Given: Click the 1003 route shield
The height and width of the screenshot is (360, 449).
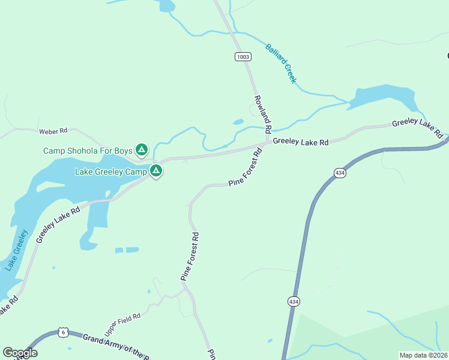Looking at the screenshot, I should [x=243, y=57].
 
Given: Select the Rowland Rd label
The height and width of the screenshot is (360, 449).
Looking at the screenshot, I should [x=263, y=113].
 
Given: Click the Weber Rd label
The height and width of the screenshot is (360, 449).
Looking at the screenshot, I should [x=53, y=131].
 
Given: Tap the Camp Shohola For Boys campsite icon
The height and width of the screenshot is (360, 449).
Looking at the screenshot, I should [x=142, y=149].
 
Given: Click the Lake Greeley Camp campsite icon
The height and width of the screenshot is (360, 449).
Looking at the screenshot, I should [x=156, y=171].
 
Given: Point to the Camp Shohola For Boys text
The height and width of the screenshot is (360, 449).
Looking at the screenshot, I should [x=87, y=150].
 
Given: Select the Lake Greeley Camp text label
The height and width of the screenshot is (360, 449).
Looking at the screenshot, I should [x=111, y=172].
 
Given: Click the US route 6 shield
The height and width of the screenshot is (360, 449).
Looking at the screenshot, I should [x=63, y=332].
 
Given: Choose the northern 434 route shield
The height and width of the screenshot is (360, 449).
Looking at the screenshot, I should [x=340, y=173].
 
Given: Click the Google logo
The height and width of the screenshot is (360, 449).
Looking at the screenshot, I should [x=20, y=353].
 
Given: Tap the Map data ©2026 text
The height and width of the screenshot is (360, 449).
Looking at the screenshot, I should [x=423, y=355].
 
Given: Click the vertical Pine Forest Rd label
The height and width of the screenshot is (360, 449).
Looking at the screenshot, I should [x=190, y=257].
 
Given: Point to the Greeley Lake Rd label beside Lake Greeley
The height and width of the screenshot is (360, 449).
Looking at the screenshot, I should [x=58, y=225].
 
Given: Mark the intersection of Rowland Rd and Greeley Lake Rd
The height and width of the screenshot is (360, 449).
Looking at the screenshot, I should [x=267, y=143].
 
